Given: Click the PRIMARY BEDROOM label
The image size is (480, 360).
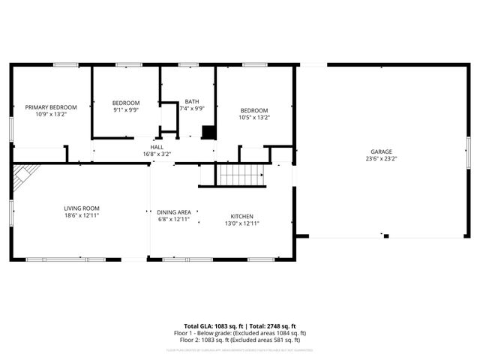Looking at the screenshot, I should (51, 107).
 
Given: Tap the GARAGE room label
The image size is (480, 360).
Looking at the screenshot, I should (381, 151).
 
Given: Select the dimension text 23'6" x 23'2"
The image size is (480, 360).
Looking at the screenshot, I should (381, 158).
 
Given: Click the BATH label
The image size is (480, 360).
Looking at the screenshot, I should (192, 102).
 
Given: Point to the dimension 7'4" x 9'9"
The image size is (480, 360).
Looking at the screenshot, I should (192, 109).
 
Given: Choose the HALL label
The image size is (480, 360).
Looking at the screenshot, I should (157, 147).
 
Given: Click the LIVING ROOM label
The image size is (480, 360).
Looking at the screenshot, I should (81, 208).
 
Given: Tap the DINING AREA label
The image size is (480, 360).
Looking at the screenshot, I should (173, 212).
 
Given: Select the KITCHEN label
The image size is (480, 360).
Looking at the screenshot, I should (241, 216).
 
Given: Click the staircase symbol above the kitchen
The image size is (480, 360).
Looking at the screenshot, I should (241, 175).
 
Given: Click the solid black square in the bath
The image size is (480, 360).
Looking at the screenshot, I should (209, 133).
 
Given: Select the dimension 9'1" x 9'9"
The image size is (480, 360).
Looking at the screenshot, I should (126, 109).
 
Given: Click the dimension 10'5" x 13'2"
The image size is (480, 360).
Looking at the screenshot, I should (253, 117).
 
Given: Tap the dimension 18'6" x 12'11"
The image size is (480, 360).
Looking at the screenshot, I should (81, 215).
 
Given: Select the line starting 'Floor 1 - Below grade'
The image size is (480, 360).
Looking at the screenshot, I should (240, 333).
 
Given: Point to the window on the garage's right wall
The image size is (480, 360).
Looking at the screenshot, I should (467, 157).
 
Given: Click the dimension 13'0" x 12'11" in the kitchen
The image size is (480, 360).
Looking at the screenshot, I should (241, 223).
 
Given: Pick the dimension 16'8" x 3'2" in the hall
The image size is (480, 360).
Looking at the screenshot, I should (157, 154).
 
